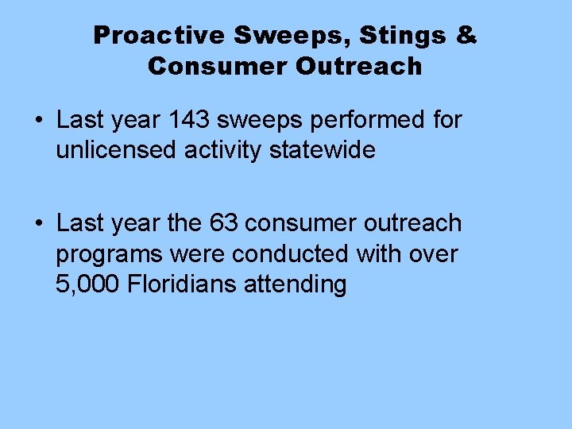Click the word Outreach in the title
[359, 66]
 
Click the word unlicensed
[116, 149]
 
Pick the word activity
[224, 151]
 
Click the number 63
[225, 224]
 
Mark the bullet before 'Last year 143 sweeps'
[39, 122]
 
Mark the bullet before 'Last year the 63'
[39, 225]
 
